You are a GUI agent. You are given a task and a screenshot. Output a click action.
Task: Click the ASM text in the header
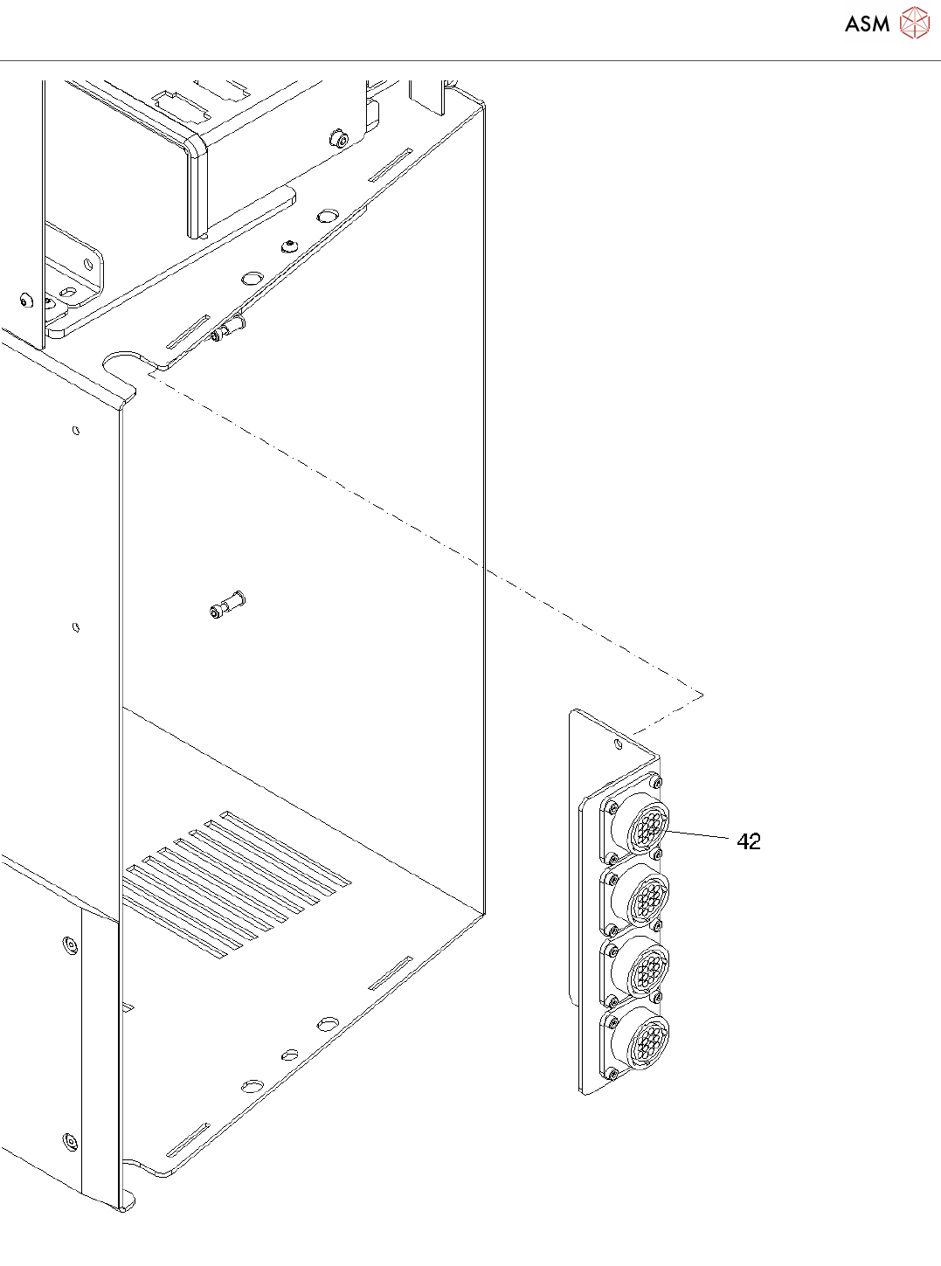[867, 24]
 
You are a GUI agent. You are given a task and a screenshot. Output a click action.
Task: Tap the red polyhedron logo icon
[915, 24]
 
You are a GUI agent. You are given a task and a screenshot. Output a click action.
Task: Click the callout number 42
[749, 841]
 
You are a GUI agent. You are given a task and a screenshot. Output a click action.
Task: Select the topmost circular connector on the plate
[643, 824]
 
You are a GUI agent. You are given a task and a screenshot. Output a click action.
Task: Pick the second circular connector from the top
[643, 897]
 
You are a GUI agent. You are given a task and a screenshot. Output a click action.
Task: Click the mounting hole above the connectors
[619, 744]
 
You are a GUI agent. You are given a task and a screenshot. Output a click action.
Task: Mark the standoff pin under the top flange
[229, 329]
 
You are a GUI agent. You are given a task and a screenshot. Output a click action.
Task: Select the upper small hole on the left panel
[76, 430]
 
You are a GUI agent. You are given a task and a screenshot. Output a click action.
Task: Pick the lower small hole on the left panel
[76, 626]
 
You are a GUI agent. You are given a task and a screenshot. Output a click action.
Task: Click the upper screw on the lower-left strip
[70, 944]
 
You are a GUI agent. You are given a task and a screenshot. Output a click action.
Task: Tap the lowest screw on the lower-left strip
[70, 1141]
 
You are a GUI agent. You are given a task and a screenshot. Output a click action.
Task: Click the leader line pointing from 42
[699, 835]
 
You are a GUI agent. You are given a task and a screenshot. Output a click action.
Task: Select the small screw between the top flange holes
[287, 246]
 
